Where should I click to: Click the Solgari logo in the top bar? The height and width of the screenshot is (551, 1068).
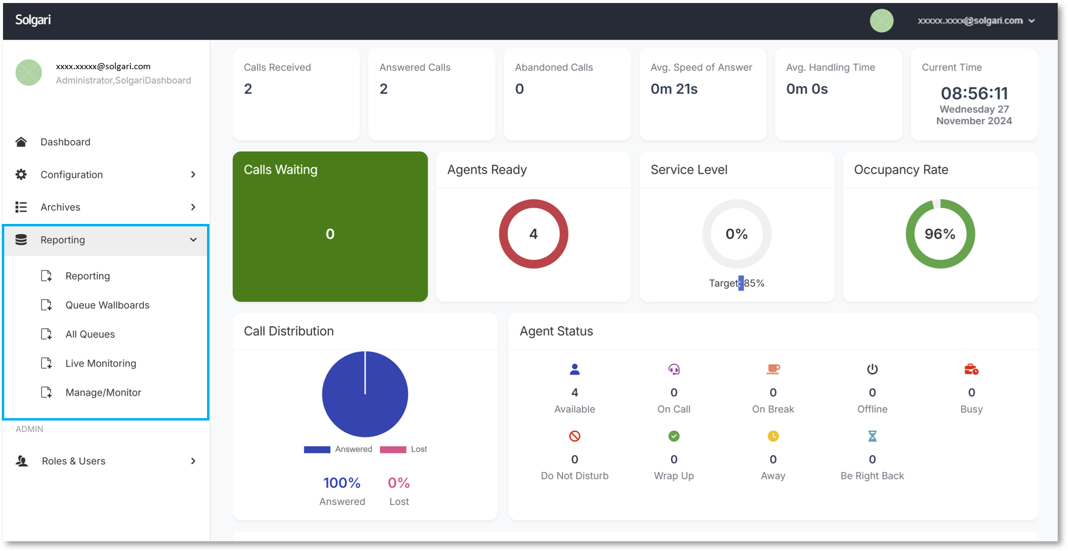coord(33,20)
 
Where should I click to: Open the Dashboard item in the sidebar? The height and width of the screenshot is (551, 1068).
coord(65,142)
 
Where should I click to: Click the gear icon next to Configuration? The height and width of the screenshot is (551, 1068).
coord(21,175)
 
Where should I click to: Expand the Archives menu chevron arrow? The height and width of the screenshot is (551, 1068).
coord(193,208)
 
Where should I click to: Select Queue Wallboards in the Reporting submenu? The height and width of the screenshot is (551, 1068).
coord(107,305)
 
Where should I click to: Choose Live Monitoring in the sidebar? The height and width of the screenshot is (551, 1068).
coord(101,363)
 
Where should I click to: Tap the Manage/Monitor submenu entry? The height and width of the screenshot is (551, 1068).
coord(103,393)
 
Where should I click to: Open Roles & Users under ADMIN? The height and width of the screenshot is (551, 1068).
coord(73,461)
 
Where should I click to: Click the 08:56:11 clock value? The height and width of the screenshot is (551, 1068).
coord(974,93)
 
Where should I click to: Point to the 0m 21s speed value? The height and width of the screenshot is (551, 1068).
coord(674,89)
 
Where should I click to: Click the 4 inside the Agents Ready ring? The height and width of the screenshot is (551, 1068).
coord(533,234)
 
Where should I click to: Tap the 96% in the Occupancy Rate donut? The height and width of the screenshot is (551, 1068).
coord(939,234)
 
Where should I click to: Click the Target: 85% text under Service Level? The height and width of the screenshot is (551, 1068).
coord(736,283)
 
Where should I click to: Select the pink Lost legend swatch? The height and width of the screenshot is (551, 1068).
coord(393,450)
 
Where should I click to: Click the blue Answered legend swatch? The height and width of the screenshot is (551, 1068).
coord(317,450)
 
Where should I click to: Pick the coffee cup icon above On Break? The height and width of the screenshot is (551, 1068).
coord(773,369)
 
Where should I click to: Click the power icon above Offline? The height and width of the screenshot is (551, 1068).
coord(872,369)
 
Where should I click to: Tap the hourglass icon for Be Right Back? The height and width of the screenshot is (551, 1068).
coord(872,436)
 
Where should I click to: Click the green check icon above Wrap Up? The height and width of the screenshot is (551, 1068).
coord(673,436)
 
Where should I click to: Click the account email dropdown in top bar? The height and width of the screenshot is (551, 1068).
coord(975,21)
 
